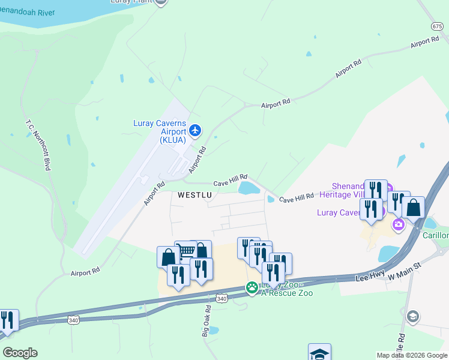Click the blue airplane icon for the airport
tap(194, 130)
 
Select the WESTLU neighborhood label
tap(194, 195)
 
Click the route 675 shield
tap(436, 26)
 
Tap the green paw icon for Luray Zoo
tap(252, 289)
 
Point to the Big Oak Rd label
tap(206, 321)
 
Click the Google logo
tap(20, 353)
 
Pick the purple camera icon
tap(397, 225)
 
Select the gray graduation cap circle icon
tap(412, 316)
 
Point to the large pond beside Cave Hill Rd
tap(249, 188)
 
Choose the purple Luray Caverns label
tap(339, 213)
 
